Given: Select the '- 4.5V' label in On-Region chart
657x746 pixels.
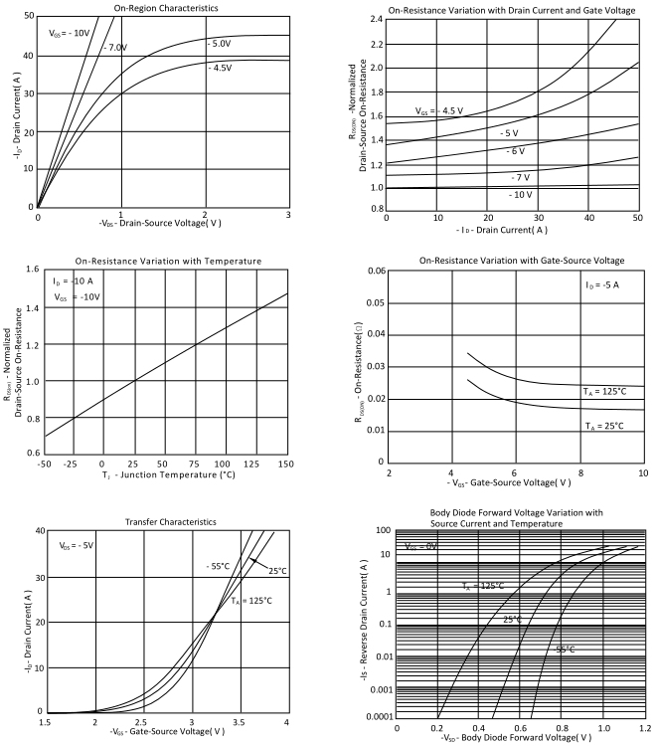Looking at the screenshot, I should pyautogui.click(x=220, y=68).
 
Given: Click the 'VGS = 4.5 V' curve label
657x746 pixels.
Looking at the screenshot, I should pyautogui.click(x=439, y=111).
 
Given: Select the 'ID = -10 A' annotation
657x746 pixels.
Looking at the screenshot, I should pyautogui.click(x=76, y=282).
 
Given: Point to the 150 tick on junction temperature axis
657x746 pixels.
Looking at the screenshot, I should pyautogui.click(x=287, y=465).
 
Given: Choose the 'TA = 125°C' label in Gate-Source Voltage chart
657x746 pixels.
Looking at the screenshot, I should pyautogui.click(x=603, y=393).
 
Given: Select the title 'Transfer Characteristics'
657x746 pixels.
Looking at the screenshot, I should pyautogui.click(x=166, y=521).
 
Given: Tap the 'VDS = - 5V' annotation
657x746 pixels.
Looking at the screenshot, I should pyautogui.click(x=77, y=546).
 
